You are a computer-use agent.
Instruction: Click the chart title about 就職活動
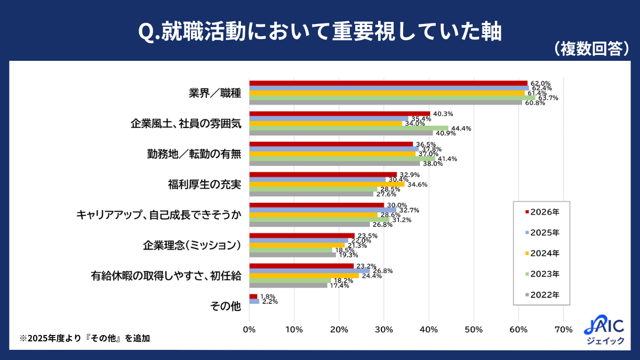click(x=319, y=31)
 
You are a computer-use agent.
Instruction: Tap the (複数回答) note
click(x=591, y=49)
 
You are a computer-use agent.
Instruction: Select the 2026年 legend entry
click(x=542, y=212)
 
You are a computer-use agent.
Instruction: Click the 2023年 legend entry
click(x=542, y=274)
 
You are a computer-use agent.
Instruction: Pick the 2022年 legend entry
click(x=542, y=295)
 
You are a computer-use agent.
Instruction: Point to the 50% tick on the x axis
click(x=474, y=330)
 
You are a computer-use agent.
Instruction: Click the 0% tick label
click(x=249, y=330)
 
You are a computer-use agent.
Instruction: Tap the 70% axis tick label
click(x=563, y=330)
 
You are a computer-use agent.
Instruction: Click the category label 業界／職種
click(x=215, y=93)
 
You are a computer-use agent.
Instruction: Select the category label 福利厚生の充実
click(x=205, y=185)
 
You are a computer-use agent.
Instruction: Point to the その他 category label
click(x=226, y=306)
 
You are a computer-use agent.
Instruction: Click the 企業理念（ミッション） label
click(x=192, y=245)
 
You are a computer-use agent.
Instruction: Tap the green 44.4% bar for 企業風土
click(x=349, y=129)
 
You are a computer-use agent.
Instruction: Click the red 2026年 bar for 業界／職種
click(x=389, y=83)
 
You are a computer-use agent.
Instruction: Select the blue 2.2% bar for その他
click(x=254, y=301)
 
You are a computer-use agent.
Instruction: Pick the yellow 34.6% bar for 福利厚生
click(x=327, y=185)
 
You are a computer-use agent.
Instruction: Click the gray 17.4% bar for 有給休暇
click(x=289, y=285)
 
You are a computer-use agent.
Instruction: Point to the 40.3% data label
click(x=443, y=114)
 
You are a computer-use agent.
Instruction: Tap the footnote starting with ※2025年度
click(x=85, y=338)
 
